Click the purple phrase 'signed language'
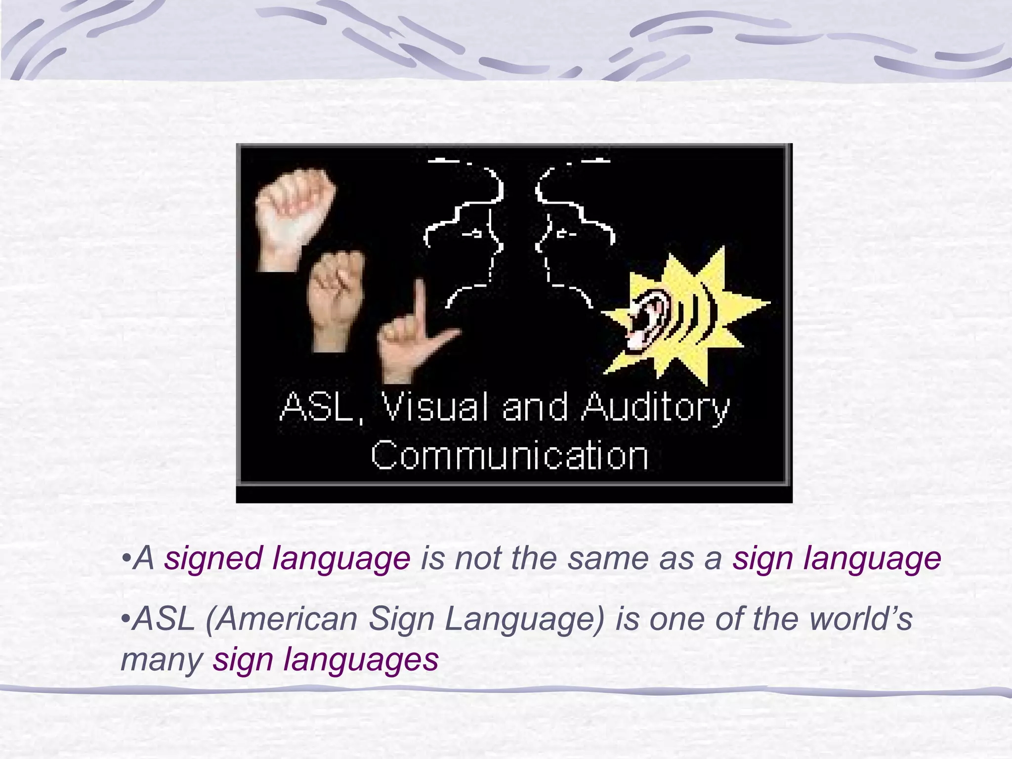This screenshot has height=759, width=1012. pyautogui.click(x=287, y=558)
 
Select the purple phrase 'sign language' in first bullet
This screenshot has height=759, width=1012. pyautogui.click(x=837, y=558)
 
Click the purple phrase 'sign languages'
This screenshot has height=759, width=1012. pyautogui.click(x=326, y=660)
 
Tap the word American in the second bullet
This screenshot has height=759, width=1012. pyautogui.click(x=286, y=619)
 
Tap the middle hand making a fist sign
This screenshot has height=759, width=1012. pyautogui.click(x=336, y=296)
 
